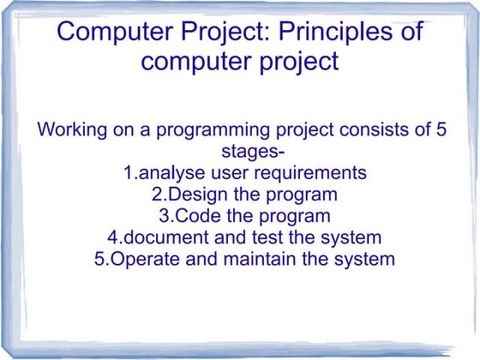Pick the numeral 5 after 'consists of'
(x=441, y=132)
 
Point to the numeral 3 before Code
(x=165, y=216)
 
